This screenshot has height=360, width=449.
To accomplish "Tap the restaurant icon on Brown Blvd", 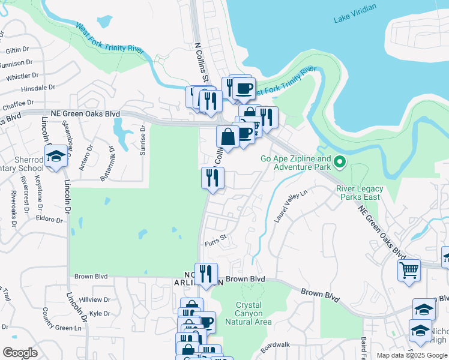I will (x=206, y=274).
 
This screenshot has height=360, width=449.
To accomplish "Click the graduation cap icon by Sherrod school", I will (x=56, y=156).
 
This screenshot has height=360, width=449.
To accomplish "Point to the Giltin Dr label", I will (x=17, y=50).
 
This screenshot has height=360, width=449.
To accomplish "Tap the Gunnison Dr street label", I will (x=17, y=63).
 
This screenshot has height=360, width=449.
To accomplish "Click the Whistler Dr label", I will (x=22, y=76).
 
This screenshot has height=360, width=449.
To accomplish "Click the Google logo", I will (x=20, y=353).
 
